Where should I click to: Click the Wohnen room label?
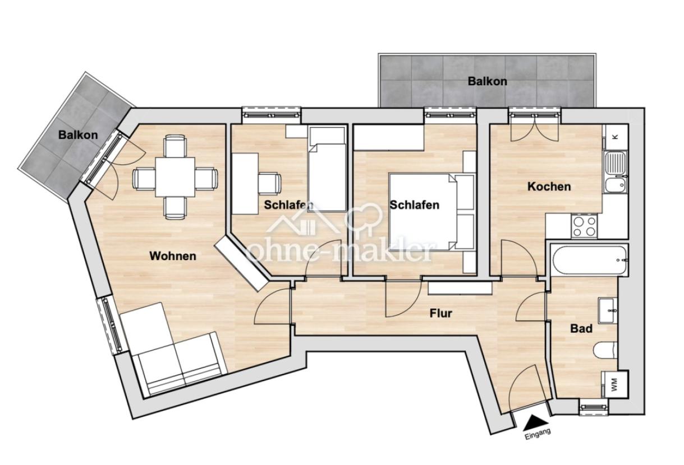(x=173, y=256)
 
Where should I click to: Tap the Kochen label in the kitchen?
(x=549, y=187)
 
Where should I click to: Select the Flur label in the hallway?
(x=440, y=314)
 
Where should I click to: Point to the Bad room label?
(x=581, y=329)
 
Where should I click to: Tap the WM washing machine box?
(x=614, y=384)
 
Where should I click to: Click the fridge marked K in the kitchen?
(x=615, y=136)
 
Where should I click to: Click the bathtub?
(x=588, y=260)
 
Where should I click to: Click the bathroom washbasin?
(x=608, y=311)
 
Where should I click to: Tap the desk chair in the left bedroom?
(x=270, y=183)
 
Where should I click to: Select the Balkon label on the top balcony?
(x=487, y=81)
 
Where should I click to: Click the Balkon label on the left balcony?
(x=78, y=135)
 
